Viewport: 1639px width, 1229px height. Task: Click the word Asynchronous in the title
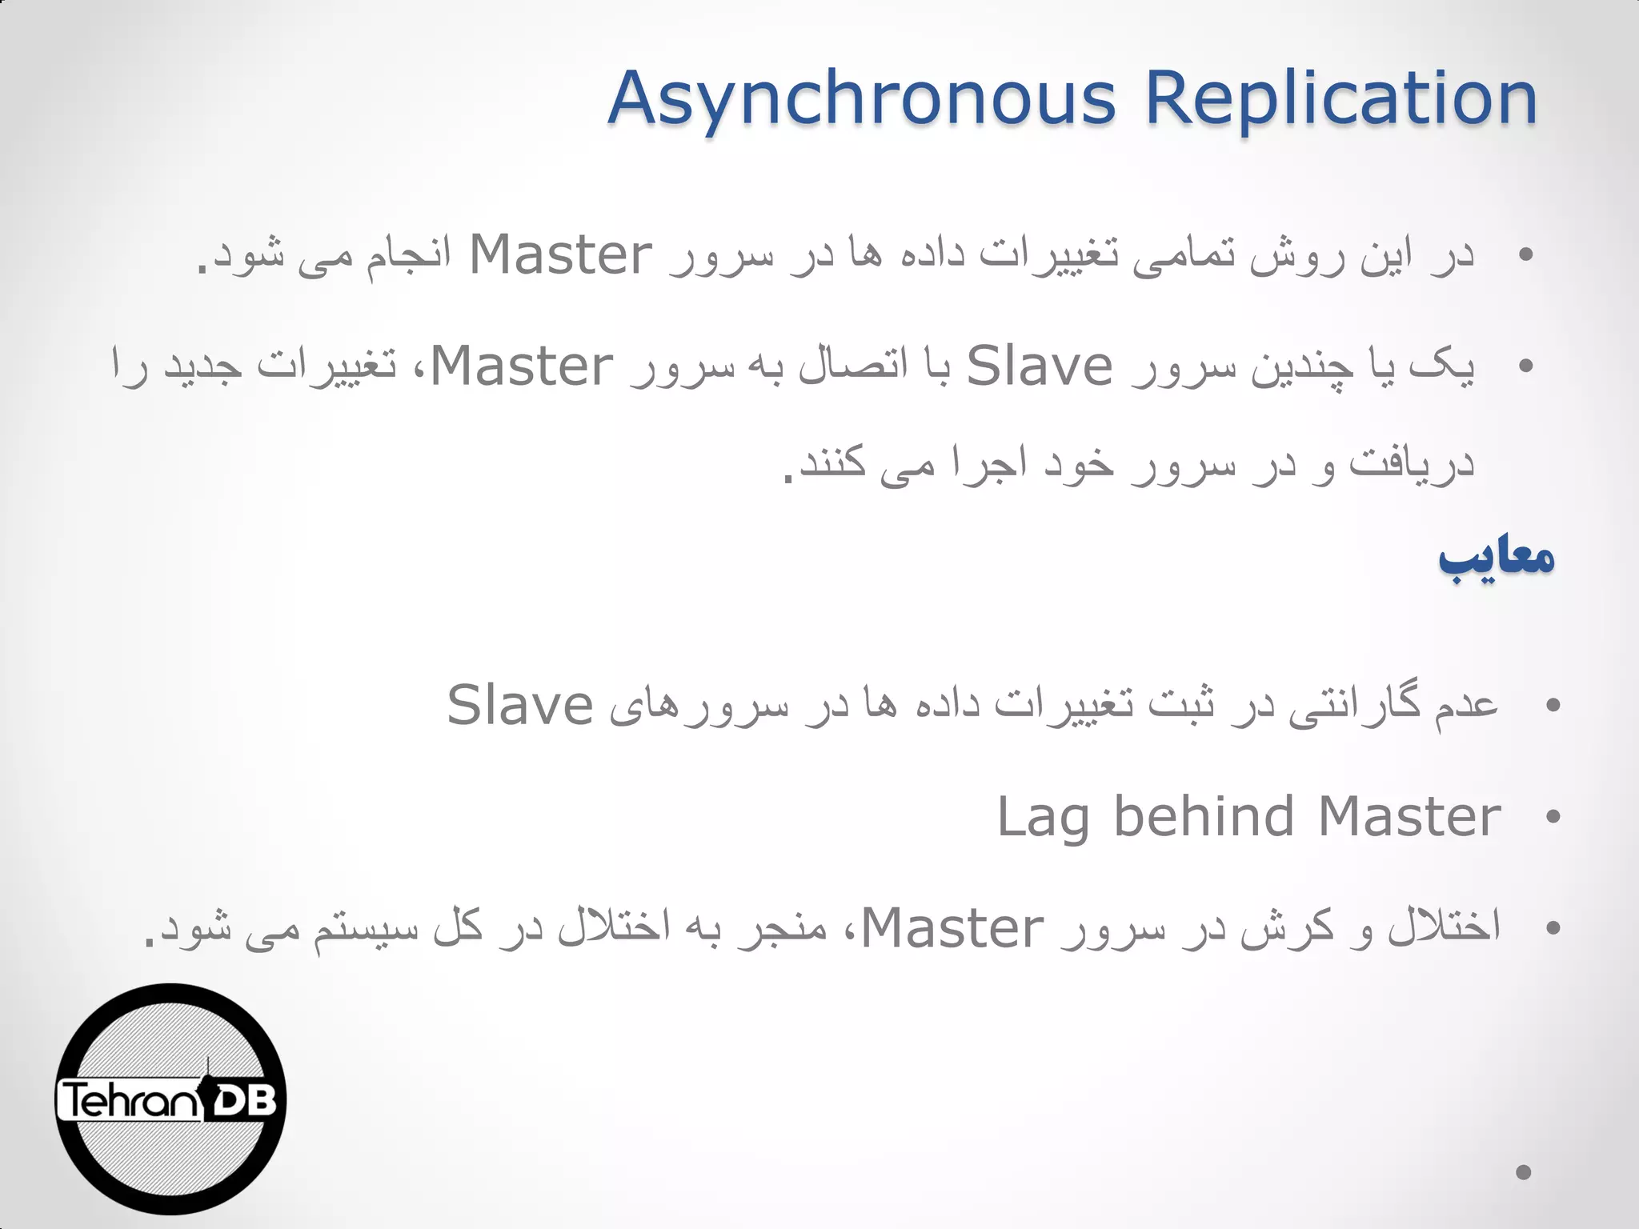tap(861, 99)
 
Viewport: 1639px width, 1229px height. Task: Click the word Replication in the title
tap(1340, 99)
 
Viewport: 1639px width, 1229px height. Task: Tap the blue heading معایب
tap(1496, 558)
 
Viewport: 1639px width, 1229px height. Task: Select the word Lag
tap(1043, 819)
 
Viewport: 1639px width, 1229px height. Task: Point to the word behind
tap(1204, 817)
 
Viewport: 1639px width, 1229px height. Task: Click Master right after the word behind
tap(1409, 817)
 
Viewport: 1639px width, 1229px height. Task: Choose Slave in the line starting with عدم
tap(519, 706)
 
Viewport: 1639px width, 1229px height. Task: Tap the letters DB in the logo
tap(243, 1100)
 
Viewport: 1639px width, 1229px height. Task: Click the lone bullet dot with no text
tap(1523, 1173)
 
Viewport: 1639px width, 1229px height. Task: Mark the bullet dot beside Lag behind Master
tap(1553, 818)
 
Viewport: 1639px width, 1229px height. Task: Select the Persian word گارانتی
tap(1353, 703)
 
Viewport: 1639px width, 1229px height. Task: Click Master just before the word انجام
tap(560, 255)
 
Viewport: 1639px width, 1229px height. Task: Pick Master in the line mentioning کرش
tap(952, 929)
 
